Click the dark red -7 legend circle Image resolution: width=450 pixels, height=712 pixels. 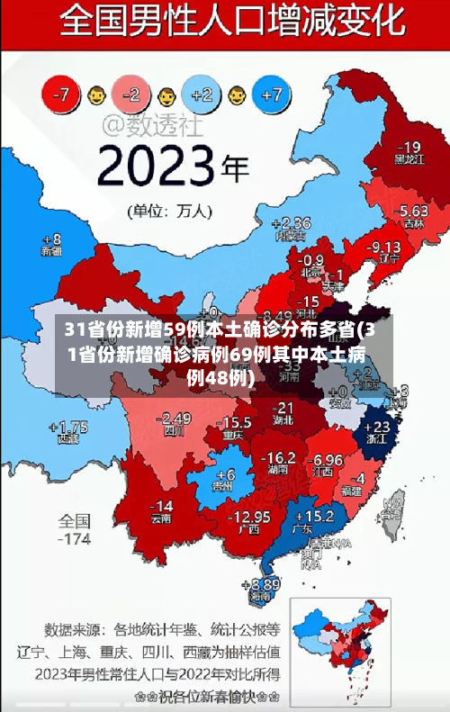click(x=62, y=94)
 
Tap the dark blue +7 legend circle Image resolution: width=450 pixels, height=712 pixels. click(x=273, y=94)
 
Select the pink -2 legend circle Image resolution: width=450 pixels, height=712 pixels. click(x=132, y=94)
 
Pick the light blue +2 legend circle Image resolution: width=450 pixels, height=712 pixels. click(x=202, y=94)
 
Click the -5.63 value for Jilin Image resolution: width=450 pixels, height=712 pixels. click(x=413, y=210)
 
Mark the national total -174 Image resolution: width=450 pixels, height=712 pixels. click(x=75, y=539)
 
